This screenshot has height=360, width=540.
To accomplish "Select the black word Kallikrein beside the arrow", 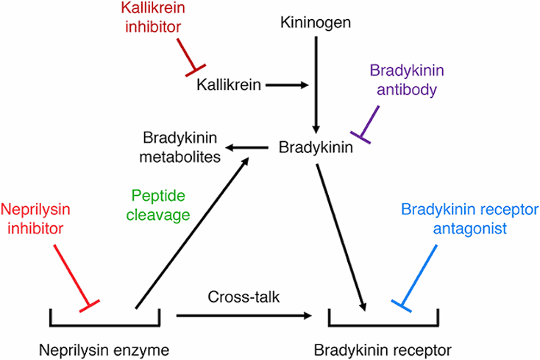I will coord(229,85).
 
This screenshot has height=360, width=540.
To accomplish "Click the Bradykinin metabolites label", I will coord(182,147).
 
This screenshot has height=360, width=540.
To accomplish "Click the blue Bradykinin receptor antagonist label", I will coord(455,219).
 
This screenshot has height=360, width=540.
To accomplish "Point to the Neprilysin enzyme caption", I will coord(104,347).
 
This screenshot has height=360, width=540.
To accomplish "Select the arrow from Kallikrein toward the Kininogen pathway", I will coord(285,85).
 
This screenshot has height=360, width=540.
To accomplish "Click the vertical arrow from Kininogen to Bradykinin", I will coord(316,81).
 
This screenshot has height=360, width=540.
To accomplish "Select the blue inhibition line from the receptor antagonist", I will coord(422,275).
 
